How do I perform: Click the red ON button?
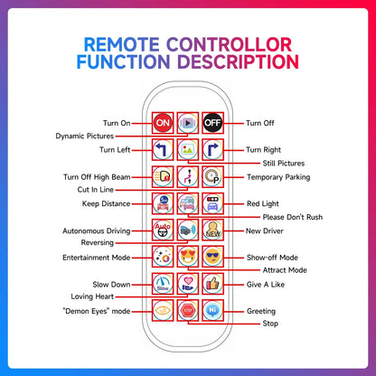(x=163, y=122)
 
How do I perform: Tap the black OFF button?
(x=213, y=122)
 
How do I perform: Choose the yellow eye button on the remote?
(x=163, y=309)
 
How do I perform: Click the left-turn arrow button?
(x=163, y=150)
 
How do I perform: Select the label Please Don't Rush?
(x=292, y=217)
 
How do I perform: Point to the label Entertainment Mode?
(x=93, y=257)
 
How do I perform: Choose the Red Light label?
(x=266, y=203)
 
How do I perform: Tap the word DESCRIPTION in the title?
(x=240, y=61)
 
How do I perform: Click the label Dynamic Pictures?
(x=90, y=136)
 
